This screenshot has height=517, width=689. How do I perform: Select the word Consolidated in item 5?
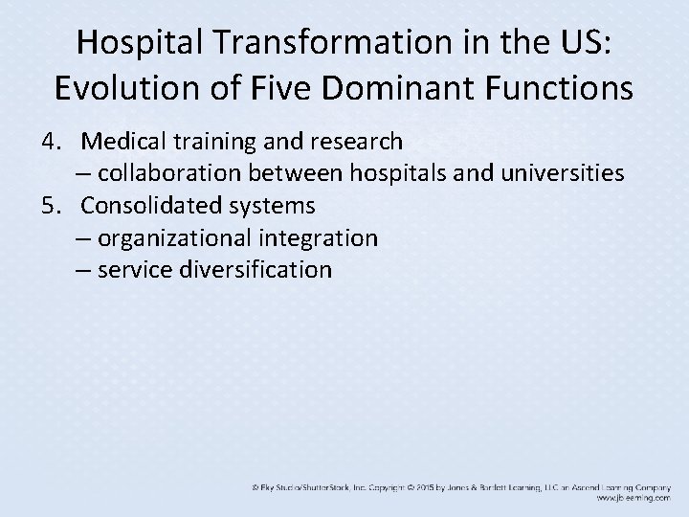point(151,205)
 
